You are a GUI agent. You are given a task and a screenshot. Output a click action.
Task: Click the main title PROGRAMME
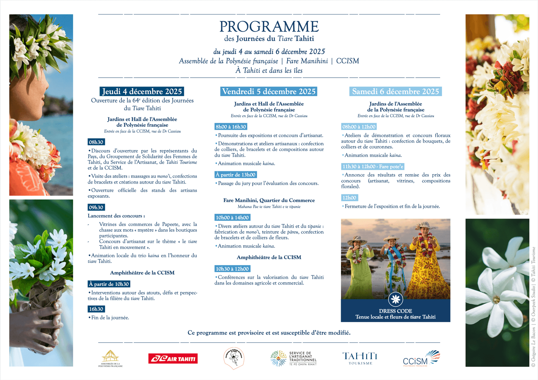point(269,27)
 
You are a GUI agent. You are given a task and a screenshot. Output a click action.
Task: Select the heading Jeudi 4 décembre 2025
point(142,91)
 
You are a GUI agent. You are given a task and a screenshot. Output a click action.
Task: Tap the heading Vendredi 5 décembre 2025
point(269,91)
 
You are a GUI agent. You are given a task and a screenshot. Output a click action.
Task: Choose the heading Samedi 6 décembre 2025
point(395,91)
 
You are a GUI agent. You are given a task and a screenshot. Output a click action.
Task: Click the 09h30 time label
point(96,207)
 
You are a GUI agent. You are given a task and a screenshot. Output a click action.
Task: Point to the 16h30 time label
point(96,309)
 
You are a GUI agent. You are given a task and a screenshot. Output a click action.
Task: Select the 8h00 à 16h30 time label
point(231,127)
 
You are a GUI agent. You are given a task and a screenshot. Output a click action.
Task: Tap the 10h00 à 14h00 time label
point(232,218)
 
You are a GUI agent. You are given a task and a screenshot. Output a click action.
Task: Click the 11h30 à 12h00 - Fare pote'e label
point(373,166)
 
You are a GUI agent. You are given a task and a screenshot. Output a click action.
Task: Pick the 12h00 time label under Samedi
point(349,198)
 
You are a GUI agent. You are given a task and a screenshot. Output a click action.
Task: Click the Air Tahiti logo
point(173,358)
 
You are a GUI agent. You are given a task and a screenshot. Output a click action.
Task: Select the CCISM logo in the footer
point(421,358)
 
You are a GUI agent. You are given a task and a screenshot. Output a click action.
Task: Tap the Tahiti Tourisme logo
point(360,358)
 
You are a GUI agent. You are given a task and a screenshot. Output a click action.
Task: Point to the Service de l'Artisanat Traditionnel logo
point(294,358)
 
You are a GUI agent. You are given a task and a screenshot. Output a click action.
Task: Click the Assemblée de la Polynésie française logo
point(110,358)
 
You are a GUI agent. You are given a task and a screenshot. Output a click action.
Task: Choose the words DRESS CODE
point(395,311)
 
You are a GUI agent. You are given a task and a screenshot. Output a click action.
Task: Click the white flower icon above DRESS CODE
point(395,299)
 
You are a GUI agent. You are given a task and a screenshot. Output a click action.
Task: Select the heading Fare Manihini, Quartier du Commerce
point(269,200)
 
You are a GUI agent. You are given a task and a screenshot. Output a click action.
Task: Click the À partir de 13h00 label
point(236,175)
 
